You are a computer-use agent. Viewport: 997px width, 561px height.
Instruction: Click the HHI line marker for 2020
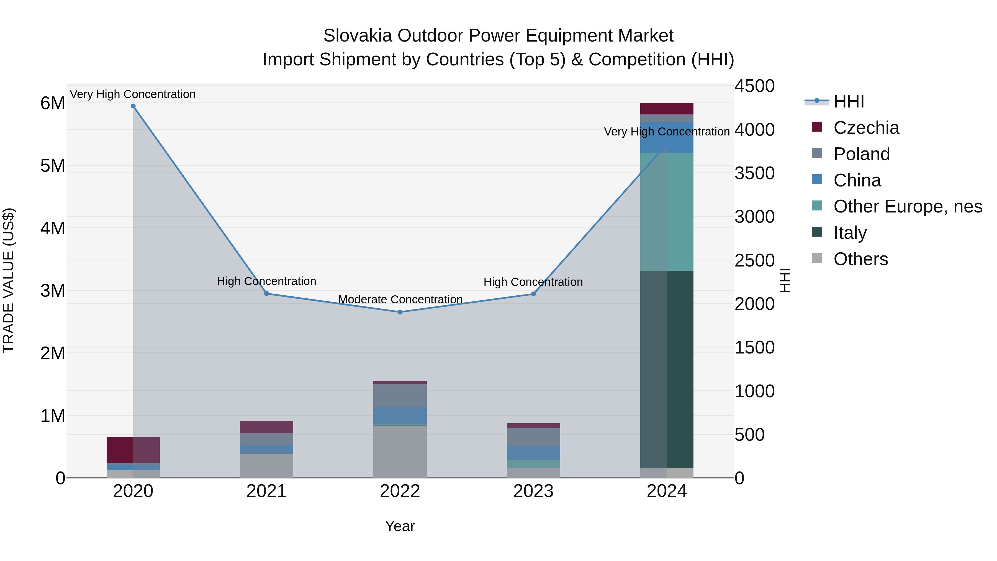(x=133, y=106)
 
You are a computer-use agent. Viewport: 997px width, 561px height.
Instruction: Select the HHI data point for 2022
(x=400, y=312)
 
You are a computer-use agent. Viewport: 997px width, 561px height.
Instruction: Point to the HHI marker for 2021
(x=267, y=294)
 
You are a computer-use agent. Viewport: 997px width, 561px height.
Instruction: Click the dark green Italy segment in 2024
(x=667, y=368)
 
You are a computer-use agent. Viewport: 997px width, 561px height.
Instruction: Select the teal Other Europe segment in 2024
(x=667, y=211)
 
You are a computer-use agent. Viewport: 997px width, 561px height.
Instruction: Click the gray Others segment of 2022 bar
(x=400, y=452)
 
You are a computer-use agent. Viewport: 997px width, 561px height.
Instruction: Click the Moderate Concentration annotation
(x=400, y=300)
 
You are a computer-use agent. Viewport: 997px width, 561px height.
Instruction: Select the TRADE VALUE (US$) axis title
(x=9, y=280)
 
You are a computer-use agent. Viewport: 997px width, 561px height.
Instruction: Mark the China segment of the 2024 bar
(x=667, y=137)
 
